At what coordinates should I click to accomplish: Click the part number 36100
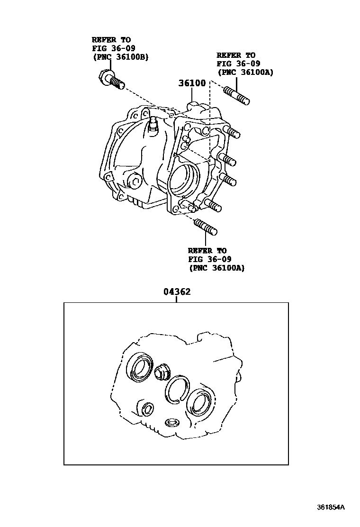(x=192, y=83)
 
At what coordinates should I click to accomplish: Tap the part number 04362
(x=177, y=291)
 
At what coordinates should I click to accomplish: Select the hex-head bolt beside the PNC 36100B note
(x=111, y=79)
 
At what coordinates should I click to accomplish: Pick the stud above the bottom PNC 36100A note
(x=206, y=227)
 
